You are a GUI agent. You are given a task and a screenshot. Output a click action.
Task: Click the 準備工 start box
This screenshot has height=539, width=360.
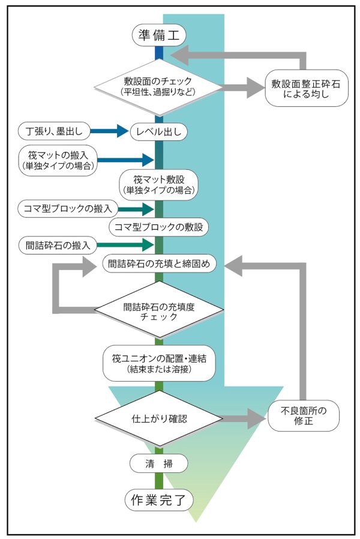[x=158, y=35]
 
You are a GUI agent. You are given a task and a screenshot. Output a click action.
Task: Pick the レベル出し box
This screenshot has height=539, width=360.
[x=158, y=130]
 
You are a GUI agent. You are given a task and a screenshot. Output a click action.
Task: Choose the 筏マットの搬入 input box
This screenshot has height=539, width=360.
[x=58, y=160]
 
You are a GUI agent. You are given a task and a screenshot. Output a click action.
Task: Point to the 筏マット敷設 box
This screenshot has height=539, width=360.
[x=158, y=184]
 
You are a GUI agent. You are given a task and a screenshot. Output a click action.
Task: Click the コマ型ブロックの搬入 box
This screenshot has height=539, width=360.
[x=65, y=209]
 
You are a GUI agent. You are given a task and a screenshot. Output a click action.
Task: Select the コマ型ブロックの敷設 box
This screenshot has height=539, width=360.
[x=159, y=227]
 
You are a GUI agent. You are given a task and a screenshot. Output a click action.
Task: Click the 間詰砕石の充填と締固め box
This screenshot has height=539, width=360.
[x=158, y=263]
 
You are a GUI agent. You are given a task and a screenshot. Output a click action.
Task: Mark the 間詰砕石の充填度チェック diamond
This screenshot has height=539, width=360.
[x=158, y=311]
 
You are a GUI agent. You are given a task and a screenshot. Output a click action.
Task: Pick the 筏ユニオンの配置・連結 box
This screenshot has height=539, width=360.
[x=158, y=362]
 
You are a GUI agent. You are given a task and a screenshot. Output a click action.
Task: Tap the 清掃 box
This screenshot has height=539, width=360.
[x=159, y=463]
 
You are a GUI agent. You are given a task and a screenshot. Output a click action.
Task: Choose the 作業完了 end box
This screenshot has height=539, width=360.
[x=158, y=498]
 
